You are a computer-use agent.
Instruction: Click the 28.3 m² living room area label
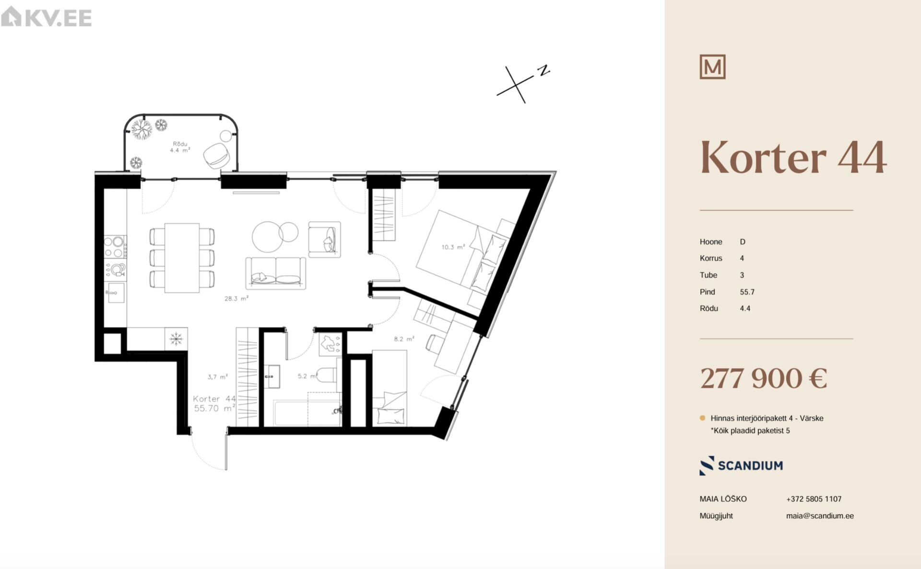pyautogui.click(x=236, y=298)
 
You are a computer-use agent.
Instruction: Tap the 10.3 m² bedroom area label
pyautogui.click(x=453, y=247)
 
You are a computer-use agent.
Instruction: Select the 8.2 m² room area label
pyautogui.click(x=404, y=339)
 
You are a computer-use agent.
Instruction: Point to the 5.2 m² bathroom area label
pyautogui.click(x=307, y=376)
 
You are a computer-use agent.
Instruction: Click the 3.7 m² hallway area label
pyautogui.click(x=218, y=377)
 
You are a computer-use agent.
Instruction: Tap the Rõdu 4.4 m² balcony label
pyautogui.click(x=180, y=147)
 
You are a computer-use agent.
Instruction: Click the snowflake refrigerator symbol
pyautogui.click(x=176, y=339)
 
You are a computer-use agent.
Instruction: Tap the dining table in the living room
pyautogui.click(x=182, y=258)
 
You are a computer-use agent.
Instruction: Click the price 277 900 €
pyautogui.click(x=764, y=378)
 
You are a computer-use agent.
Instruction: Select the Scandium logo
pyautogui.click(x=741, y=465)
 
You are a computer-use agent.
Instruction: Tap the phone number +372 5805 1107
pyautogui.click(x=814, y=499)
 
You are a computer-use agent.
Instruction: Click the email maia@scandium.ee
pyautogui.click(x=820, y=516)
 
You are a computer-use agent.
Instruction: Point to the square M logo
pyautogui.click(x=712, y=67)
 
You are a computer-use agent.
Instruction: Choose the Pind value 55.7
pyautogui.click(x=747, y=292)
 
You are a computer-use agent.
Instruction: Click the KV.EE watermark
pyautogui.click(x=47, y=17)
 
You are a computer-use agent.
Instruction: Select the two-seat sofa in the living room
pyautogui.click(x=275, y=273)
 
